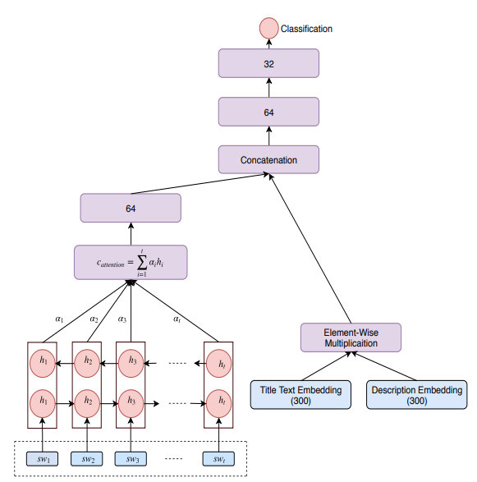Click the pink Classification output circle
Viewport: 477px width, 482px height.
(x=268, y=29)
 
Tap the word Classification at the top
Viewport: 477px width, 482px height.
(x=306, y=29)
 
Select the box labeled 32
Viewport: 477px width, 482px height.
(x=268, y=64)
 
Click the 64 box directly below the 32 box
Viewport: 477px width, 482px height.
(x=268, y=112)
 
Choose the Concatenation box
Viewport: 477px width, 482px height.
(x=268, y=159)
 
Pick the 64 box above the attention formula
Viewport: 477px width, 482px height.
(x=130, y=208)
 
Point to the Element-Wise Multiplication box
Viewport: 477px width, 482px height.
(x=351, y=337)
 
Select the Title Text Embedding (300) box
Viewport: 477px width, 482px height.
(x=300, y=395)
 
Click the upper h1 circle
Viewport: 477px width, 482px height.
(x=41, y=360)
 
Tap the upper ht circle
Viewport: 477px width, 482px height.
(x=219, y=360)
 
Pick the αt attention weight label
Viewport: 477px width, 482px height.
(x=177, y=319)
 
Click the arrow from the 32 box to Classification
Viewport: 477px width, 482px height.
(x=268, y=44)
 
